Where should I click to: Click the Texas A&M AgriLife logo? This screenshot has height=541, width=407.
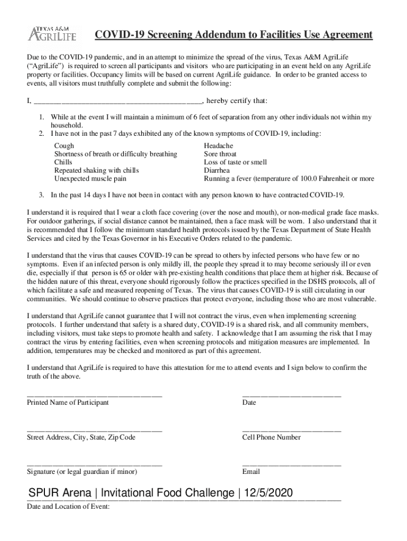coord(52,33)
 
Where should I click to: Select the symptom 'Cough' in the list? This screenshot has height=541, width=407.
coord(64,145)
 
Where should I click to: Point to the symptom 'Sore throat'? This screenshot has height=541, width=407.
coord(220,154)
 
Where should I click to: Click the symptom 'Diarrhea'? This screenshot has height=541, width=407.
coord(217,171)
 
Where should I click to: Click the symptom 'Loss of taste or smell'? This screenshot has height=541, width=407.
coord(235,162)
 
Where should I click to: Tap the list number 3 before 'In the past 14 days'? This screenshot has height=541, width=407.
coord(42,195)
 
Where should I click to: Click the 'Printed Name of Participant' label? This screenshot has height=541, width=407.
coord(68,403)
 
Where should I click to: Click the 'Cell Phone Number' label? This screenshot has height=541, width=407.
coord(271,437)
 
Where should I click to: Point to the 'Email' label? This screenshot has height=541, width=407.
coord(251,472)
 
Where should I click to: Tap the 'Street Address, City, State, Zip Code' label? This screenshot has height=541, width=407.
coord(81,437)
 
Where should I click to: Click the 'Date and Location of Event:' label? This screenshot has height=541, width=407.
coord(68,507)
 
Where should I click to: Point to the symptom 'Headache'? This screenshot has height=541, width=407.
coord(218,145)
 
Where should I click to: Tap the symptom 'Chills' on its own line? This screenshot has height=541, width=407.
coord(63,162)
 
